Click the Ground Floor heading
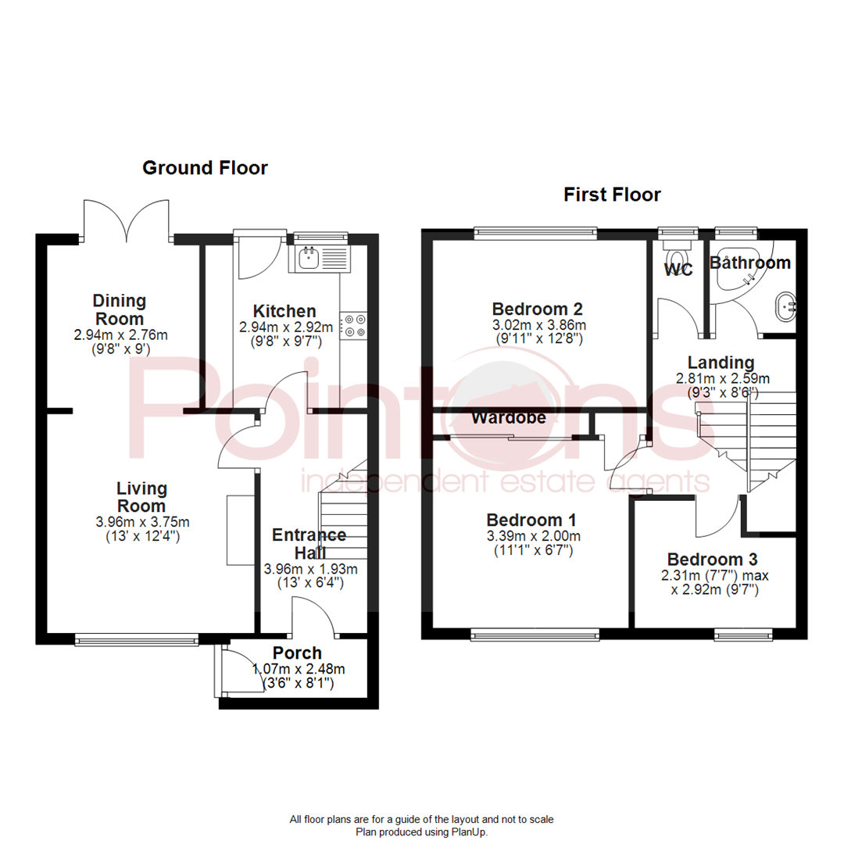pos(205,168)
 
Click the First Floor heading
pos(612,195)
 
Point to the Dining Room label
pos(120,309)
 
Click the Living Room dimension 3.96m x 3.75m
pos(141,523)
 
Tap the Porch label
pos(297,653)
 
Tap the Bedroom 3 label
pos(712,560)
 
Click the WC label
pos(678,271)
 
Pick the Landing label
pos(721,363)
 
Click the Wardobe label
pos(508,418)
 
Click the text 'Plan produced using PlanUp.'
pos(422,832)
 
